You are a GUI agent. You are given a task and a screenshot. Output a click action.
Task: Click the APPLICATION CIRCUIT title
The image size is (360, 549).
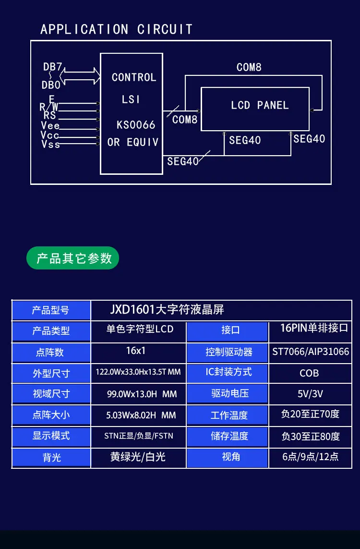(116, 29)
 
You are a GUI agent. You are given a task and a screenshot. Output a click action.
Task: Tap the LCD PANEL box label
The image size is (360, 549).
(260, 105)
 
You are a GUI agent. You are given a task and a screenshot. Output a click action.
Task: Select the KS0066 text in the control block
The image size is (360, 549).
(136, 125)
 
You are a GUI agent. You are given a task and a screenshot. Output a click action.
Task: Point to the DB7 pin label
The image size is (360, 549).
(53, 67)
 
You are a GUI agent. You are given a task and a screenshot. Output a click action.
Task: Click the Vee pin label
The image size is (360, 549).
(50, 125)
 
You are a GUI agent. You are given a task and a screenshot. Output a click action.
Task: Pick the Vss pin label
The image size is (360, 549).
(50, 144)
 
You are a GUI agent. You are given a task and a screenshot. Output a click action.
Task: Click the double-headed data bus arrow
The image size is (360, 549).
(80, 75)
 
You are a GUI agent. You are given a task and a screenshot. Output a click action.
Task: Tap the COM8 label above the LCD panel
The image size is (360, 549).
(249, 67)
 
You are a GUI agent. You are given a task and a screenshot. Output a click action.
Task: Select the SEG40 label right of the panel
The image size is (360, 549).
(309, 139)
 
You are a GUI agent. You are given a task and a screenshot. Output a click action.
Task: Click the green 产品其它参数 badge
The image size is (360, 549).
(73, 258)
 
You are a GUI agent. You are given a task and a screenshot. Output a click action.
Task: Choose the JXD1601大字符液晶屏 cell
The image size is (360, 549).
(167, 309)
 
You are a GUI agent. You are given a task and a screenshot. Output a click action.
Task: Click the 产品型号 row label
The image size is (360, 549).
(51, 310)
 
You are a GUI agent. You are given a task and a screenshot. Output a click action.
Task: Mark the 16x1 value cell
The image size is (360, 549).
(136, 351)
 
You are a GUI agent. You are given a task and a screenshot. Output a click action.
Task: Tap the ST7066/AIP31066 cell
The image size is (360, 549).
(311, 352)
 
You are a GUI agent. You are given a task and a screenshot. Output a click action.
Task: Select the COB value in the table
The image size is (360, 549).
(309, 373)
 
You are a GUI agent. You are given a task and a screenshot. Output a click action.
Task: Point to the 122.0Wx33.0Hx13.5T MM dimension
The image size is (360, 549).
(138, 372)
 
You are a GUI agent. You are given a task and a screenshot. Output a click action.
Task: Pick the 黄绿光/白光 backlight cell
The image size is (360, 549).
(138, 457)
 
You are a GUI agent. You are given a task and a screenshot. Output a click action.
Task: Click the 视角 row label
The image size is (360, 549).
(231, 457)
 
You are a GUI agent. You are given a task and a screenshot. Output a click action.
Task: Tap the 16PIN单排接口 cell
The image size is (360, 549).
(314, 329)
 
